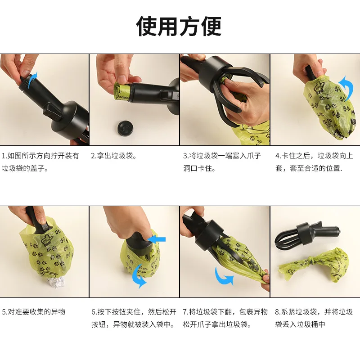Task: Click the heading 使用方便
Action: click(x=179, y=26)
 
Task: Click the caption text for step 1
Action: click(x=40, y=162)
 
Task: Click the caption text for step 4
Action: click(x=314, y=162)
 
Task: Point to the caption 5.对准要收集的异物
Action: click(x=34, y=312)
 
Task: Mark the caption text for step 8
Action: click(x=314, y=318)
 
